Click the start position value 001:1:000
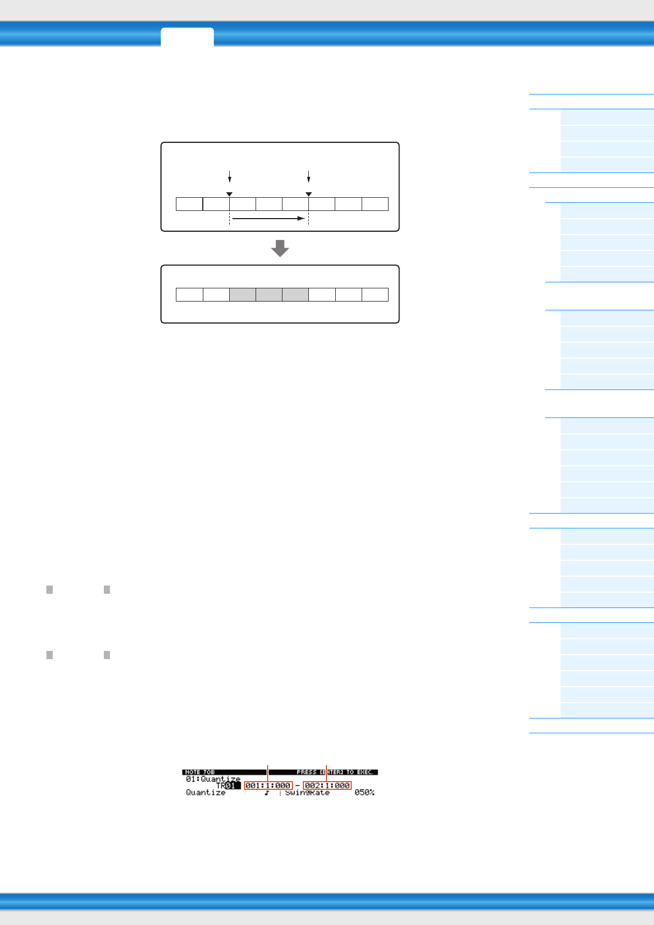[268, 785]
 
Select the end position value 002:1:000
[327, 785]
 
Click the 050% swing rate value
[364, 793]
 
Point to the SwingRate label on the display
[307, 793]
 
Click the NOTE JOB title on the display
[200, 772]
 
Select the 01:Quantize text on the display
[213, 779]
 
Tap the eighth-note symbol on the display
[267, 793]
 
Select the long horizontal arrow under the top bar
[268, 218]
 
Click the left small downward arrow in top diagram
[230, 176]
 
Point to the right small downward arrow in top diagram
[309, 176]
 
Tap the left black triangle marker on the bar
[230, 194]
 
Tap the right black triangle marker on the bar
[309, 194]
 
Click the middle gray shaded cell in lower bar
[269, 294]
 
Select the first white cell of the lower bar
[190, 294]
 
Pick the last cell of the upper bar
[375, 204]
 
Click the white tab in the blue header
[187, 37]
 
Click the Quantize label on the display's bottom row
[206, 793]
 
